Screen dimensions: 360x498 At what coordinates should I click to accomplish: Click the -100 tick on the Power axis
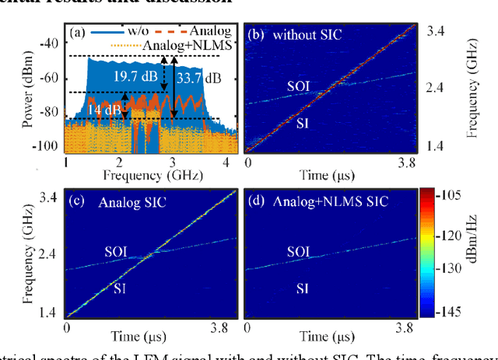[48, 145]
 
